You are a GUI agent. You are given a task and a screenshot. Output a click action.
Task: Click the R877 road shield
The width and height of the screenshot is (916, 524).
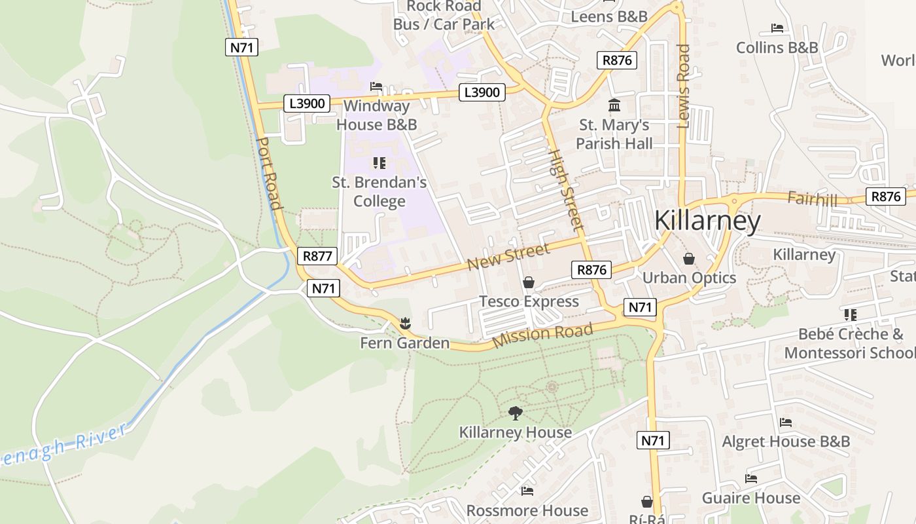(317, 256)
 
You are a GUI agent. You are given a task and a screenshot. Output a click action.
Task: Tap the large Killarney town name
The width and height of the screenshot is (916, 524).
(707, 221)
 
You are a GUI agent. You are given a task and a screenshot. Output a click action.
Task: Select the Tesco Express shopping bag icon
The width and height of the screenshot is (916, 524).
(529, 282)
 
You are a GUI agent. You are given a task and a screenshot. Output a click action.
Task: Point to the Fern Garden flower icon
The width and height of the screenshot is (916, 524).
(405, 323)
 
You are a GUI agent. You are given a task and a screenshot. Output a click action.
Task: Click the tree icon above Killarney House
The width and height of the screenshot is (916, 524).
(516, 413)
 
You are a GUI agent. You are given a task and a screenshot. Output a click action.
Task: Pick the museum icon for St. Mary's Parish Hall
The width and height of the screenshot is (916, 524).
(614, 105)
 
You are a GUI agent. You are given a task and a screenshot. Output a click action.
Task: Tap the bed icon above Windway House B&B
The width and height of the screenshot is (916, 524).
(376, 86)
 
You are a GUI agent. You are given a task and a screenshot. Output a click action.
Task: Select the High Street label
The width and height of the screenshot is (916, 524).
(565, 190)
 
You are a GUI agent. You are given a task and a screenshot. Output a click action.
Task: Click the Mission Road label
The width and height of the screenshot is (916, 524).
(542, 335)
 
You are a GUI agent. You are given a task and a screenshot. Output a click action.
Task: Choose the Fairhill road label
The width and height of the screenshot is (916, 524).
(812, 198)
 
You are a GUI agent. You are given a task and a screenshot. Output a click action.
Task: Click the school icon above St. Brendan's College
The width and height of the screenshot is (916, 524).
(379, 162)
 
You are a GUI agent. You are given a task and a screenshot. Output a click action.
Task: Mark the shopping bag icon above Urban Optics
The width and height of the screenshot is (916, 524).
(689, 259)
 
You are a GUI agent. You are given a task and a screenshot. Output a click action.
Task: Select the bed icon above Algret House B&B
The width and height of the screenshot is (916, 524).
(786, 422)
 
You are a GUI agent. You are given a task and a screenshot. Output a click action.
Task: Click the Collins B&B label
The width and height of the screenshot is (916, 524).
(777, 48)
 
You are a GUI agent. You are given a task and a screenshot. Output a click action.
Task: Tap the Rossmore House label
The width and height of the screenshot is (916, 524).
(527, 510)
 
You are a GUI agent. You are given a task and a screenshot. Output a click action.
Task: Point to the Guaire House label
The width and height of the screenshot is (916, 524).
(750, 498)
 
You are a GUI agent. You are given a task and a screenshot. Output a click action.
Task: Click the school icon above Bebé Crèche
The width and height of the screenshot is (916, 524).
(851, 314)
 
